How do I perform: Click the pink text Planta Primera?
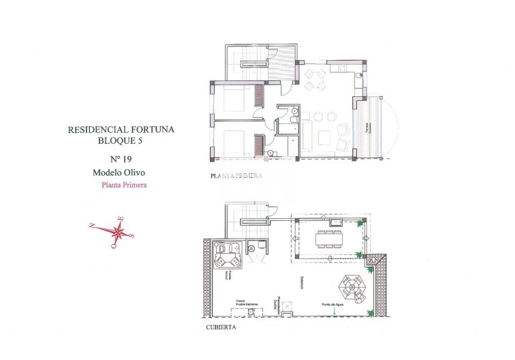124,184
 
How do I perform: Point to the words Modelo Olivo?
120,172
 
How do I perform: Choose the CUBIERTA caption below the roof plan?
221,327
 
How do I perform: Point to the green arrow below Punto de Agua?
334,312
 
